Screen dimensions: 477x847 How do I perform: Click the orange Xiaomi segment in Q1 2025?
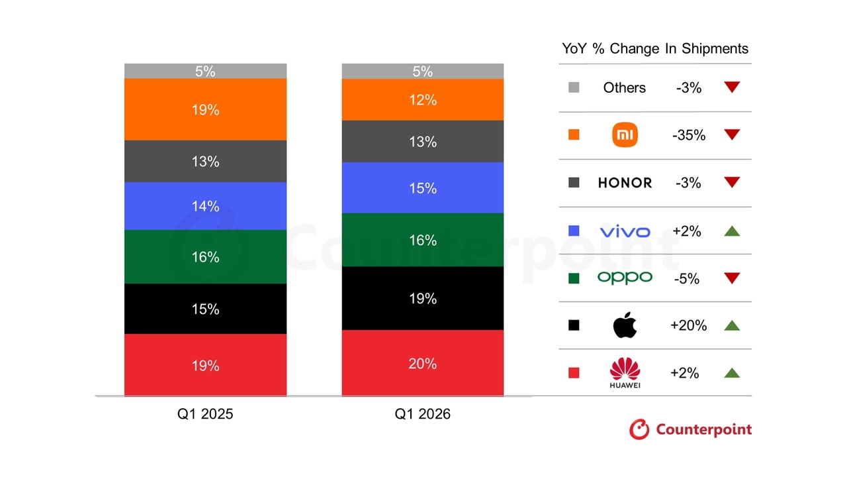205,109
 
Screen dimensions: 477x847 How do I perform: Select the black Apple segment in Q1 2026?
422,298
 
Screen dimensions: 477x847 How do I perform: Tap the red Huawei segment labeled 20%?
422,363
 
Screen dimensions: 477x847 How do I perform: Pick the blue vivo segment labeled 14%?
205,206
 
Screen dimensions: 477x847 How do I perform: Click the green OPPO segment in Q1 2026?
422,240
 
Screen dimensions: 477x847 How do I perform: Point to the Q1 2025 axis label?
205,414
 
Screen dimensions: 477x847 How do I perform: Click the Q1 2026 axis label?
422,414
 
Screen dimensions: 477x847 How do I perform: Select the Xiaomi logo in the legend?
625,134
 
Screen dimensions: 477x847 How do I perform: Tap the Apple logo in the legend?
625,325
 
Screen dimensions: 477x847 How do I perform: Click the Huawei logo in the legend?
625,373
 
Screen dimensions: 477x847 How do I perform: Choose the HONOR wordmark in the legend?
625,183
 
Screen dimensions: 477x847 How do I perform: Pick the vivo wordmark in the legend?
625,231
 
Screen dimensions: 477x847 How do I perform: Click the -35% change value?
688,135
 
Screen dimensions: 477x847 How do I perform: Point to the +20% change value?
688,325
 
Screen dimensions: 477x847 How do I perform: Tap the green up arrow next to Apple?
731,325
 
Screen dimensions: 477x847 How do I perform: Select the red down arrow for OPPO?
731,278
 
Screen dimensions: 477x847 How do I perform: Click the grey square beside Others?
574,87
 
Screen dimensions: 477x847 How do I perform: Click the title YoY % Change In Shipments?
655,48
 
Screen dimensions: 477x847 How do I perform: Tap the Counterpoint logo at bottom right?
690,429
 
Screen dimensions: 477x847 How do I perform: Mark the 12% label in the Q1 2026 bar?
422,100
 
